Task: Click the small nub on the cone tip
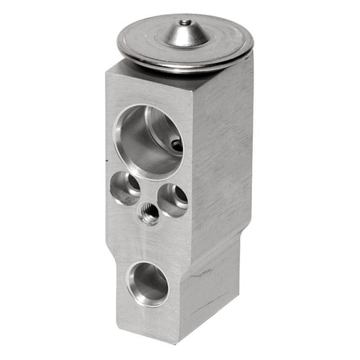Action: click(x=185, y=22)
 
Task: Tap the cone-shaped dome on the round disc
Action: click(x=186, y=34)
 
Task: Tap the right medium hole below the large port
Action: click(x=172, y=200)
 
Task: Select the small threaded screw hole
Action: click(x=148, y=213)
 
